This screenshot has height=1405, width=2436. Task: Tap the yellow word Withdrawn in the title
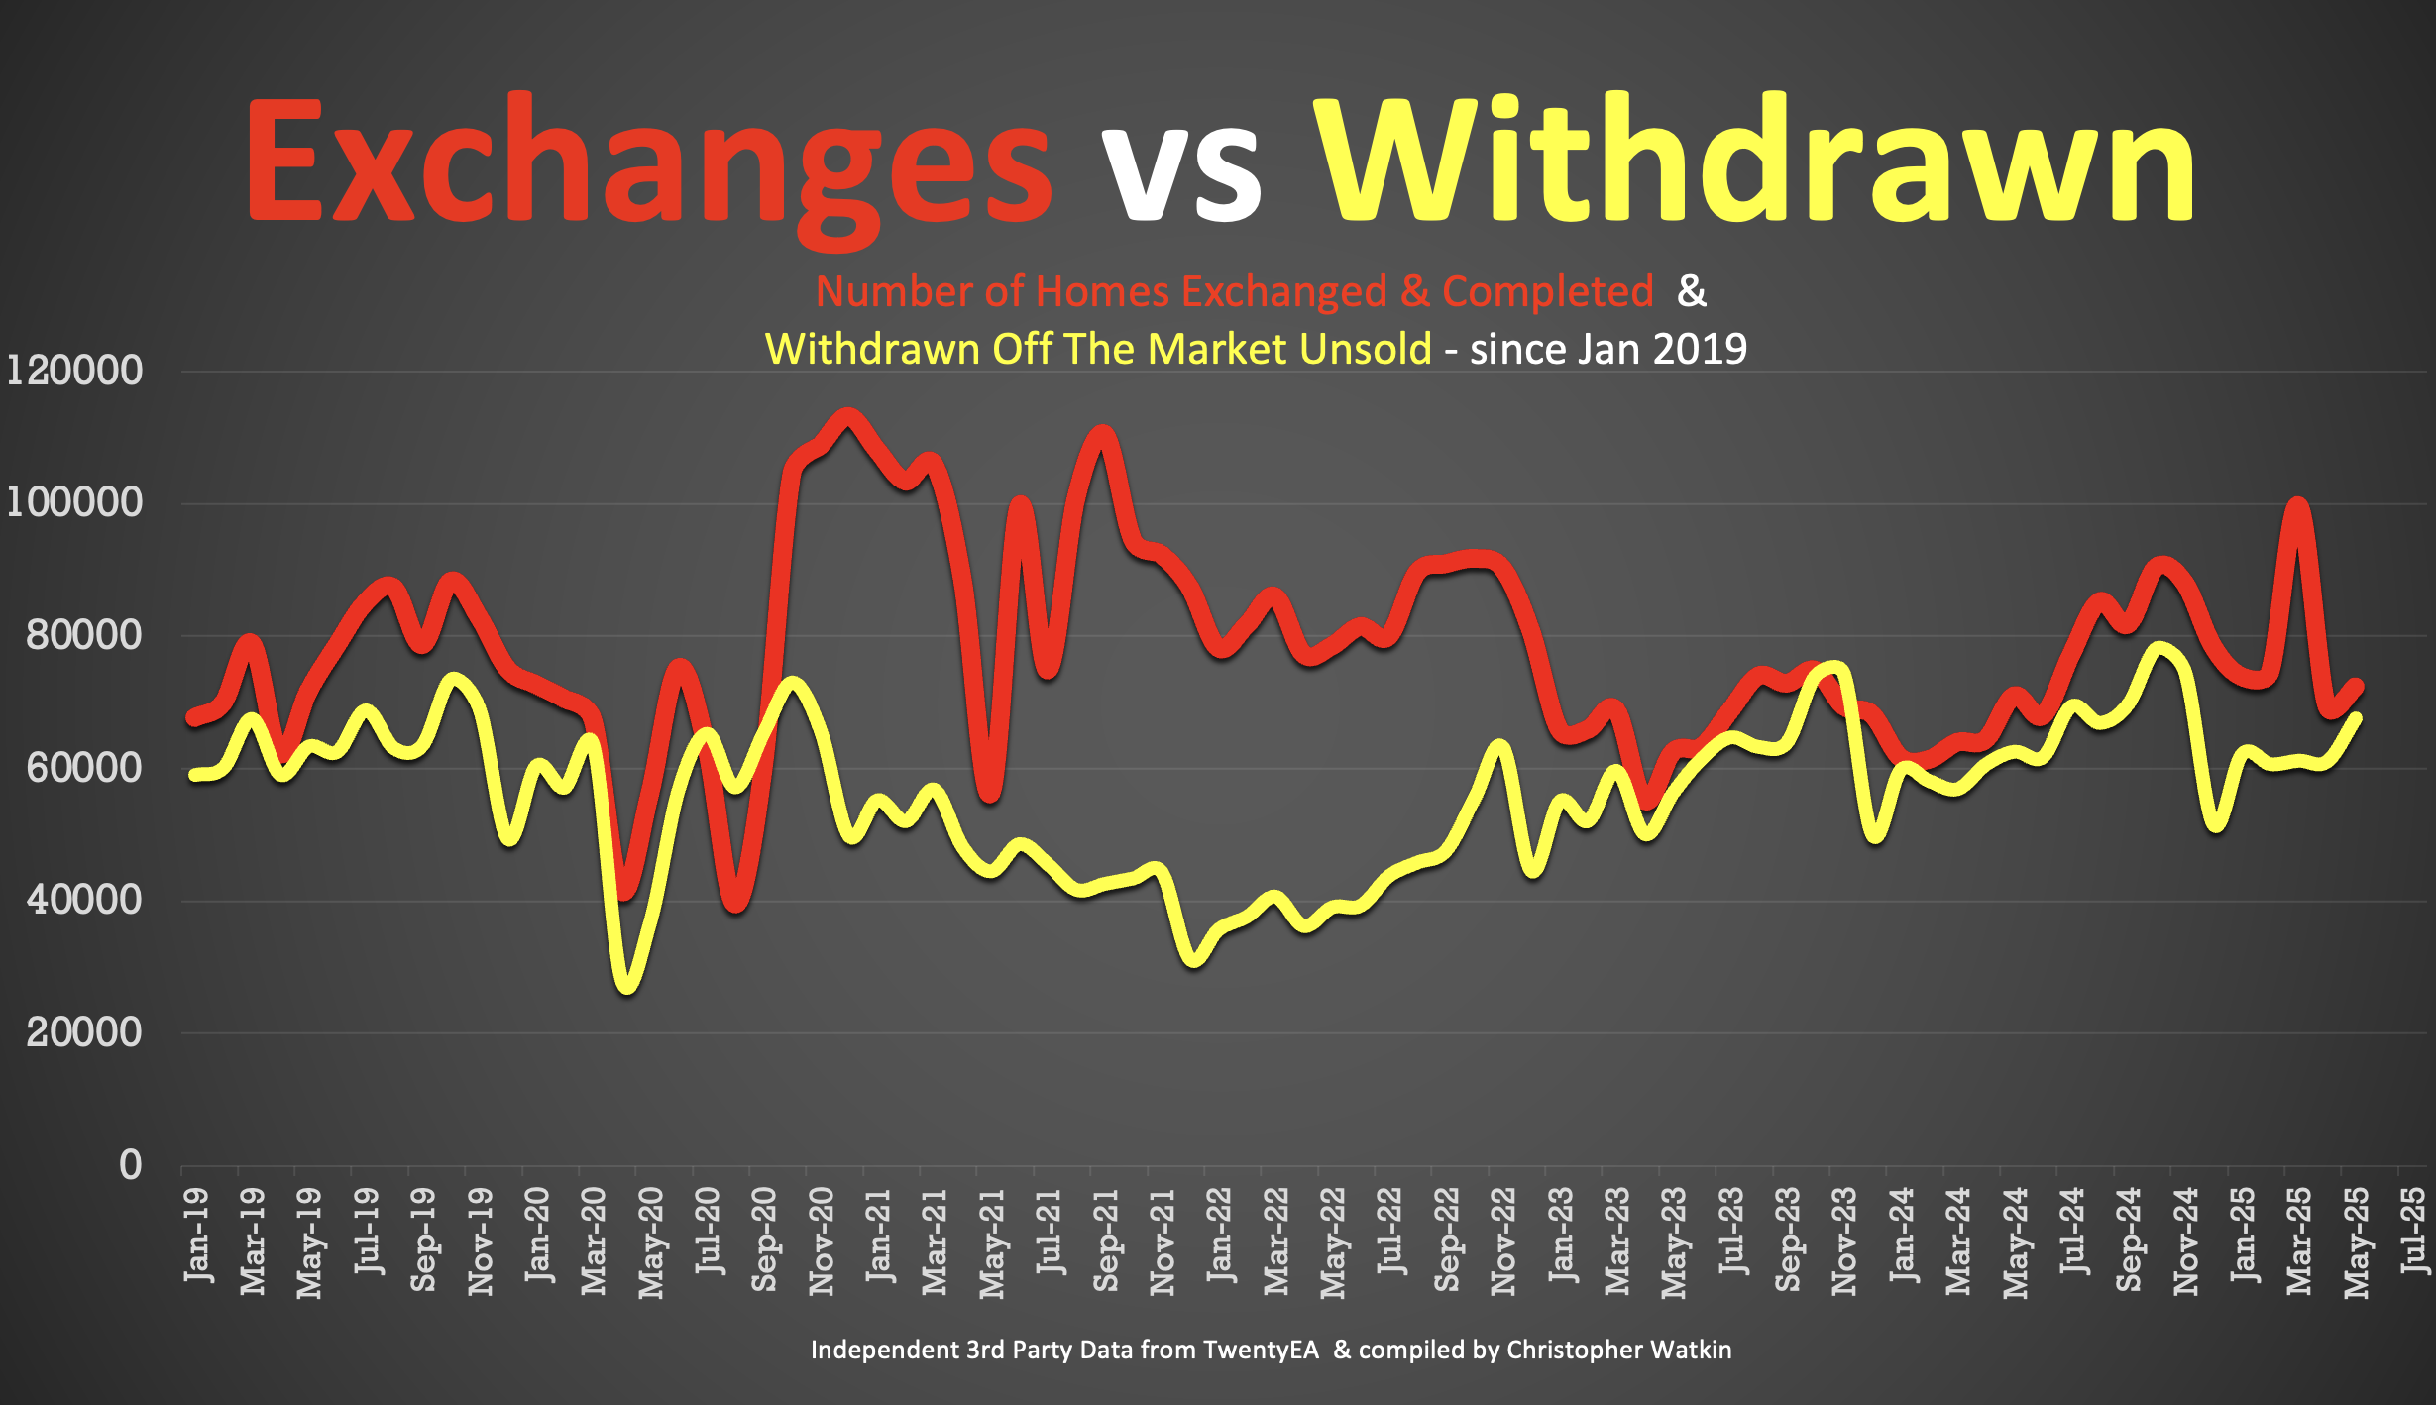click(x=1754, y=159)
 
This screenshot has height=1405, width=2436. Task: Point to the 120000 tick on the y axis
click(x=74, y=371)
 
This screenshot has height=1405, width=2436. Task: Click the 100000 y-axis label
click(x=74, y=502)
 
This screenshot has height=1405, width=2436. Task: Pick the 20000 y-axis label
click(x=84, y=1032)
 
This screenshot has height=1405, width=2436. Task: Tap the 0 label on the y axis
click(x=130, y=1165)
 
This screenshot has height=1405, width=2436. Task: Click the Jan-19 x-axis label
click(x=196, y=1235)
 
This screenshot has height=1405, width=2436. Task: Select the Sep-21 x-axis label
click(x=1105, y=1240)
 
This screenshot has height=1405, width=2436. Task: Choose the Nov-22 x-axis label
click(x=1503, y=1241)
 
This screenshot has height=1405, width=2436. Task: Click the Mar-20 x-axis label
click(x=593, y=1241)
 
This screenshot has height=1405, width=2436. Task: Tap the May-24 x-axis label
click(x=2015, y=1243)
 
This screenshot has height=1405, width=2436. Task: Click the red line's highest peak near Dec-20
click(x=847, y=416)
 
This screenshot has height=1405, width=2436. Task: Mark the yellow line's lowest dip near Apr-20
click(x=627, y=985)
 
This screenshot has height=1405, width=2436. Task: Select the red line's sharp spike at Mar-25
click(x=2297, y=505)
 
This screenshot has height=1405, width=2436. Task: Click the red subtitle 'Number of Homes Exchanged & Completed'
click(x=1234, y=291)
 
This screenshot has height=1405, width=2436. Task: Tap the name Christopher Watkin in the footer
click(x=1618, y=1350)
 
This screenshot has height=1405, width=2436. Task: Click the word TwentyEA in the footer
click(x=1262, y=1350)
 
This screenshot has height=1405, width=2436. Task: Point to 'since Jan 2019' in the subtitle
click(x=1607, y=349)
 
